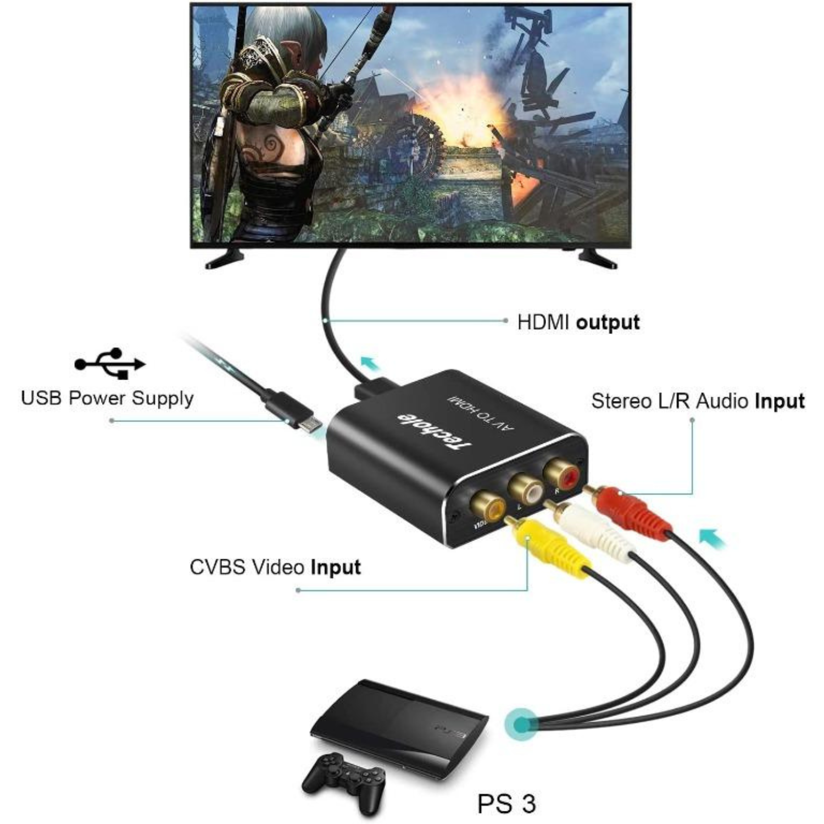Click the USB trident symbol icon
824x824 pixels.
pos(110,363)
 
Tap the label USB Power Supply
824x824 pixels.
pos(107,398)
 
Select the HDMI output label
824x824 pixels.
pos(578,322)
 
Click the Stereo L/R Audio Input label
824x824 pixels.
pos(698,401)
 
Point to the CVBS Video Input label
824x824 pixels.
pos(275,567)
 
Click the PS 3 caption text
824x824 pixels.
pos(506,804)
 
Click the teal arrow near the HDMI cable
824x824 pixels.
pos(370,363)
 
